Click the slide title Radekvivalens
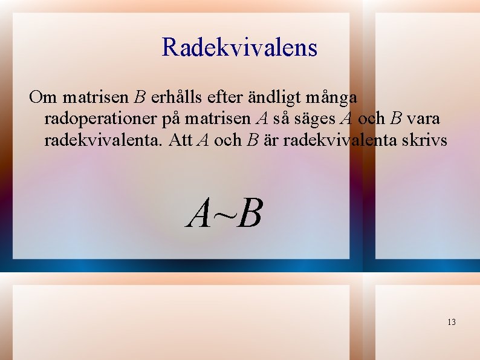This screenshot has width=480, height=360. (x=239, y=47)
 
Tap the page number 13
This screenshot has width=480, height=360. (x=452, y=322)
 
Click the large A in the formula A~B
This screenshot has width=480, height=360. (x=199, y=215)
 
